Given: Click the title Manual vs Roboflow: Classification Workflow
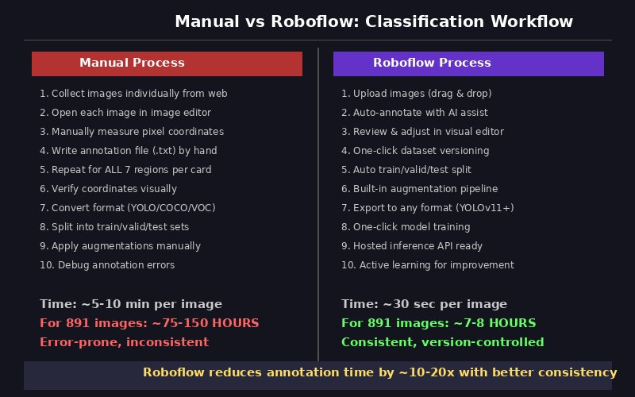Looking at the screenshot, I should pos(373,21).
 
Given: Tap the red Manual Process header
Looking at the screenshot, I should pos(167,64).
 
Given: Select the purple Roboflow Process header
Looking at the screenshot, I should pos(468,64).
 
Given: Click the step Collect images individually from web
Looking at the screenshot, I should pos(133,93).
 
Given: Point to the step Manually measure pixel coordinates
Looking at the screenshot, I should pos(132,131).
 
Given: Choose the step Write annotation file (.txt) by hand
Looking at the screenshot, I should pos(128,150).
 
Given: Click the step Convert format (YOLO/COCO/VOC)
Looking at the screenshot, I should pos(127,207).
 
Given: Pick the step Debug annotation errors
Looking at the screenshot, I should pos(107,264).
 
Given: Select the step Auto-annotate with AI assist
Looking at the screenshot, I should pos(414,112).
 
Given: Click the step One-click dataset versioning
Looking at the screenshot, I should pos(415,150).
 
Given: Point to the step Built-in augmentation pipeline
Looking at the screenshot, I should pos(420,188).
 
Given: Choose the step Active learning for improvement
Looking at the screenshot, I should pos(428,264).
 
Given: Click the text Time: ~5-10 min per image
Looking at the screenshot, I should pos(131,304).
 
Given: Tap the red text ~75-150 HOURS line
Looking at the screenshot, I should pos(149,323).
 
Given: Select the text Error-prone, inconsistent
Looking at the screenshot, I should pos(124,342).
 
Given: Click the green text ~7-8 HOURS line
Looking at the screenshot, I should pos(439,323).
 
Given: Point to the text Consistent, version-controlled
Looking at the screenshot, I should pos(443,342).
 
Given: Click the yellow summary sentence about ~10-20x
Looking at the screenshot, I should pos(379,372).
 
